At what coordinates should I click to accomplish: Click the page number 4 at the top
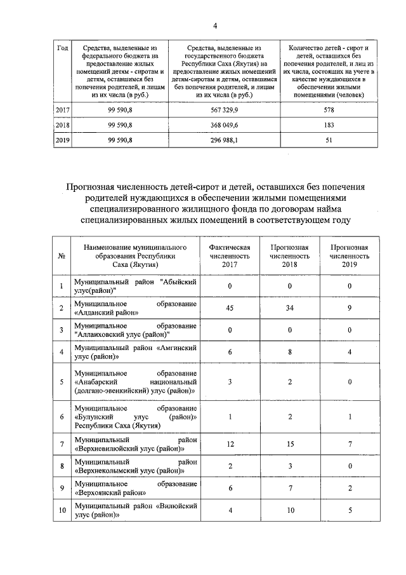pyautogui.click(x=215, y=25)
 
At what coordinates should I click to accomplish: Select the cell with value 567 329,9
pyautogui.click(x=225, y=110)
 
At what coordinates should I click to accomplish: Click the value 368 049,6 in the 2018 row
pyautogui.click(x=225, y=125)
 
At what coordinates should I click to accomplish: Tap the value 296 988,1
pyautogui.click(x=225, y=140)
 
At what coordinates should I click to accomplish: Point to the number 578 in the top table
pyautogui.click(x=329, y=110)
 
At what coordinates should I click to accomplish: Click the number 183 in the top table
pyautogui.click(x=329, y=125)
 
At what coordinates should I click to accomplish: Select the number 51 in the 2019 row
pyautogui.click(x=329, y=140)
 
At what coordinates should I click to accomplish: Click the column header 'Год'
pyautogui.click(x=63, y=48)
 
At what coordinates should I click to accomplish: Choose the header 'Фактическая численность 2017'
pyautogui.click(x=230, y=255)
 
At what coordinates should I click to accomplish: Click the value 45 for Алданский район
pyautogui.click(x=230, y=308)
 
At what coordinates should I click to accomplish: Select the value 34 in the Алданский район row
pyautogui.click(x=289, y=308)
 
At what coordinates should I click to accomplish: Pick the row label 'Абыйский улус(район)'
pyautogui.click(x=135, y=286)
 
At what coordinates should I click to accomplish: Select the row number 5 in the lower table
pyautogui.click(x=62, y=382)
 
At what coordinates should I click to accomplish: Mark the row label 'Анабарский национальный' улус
pyautogui.click(x=135, y=382)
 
